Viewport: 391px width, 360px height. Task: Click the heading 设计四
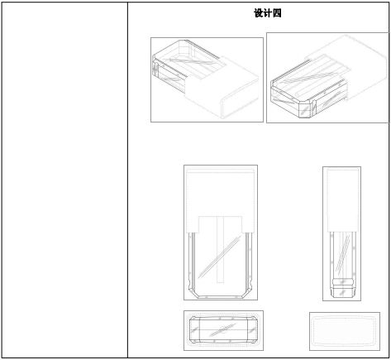tap(268, 13)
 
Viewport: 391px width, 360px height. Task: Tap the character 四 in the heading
tap(277, 13)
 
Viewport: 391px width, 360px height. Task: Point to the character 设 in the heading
tap(258, 13)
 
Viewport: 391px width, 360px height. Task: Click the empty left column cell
tap(64, 180)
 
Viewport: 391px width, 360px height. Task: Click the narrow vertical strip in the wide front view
tap(220, 250)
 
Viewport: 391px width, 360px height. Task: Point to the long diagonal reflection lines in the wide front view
tap(219, 257)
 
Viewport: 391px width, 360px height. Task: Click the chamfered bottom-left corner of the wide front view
tap(193, 293)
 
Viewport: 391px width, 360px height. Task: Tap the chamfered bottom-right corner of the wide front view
tap(247, 293)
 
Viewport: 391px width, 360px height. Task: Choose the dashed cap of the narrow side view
tap(343, 200)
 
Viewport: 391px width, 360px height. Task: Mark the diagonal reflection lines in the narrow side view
tap(343, 252)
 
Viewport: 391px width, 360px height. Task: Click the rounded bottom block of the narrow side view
tap(343, 288)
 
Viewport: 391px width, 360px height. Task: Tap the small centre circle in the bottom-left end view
tap(223, 329)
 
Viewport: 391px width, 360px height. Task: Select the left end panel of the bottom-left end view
tap(194, 330)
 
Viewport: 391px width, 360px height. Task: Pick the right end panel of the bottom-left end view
tap(252, 330)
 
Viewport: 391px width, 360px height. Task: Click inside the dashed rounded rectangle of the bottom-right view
tap(344, 331)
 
